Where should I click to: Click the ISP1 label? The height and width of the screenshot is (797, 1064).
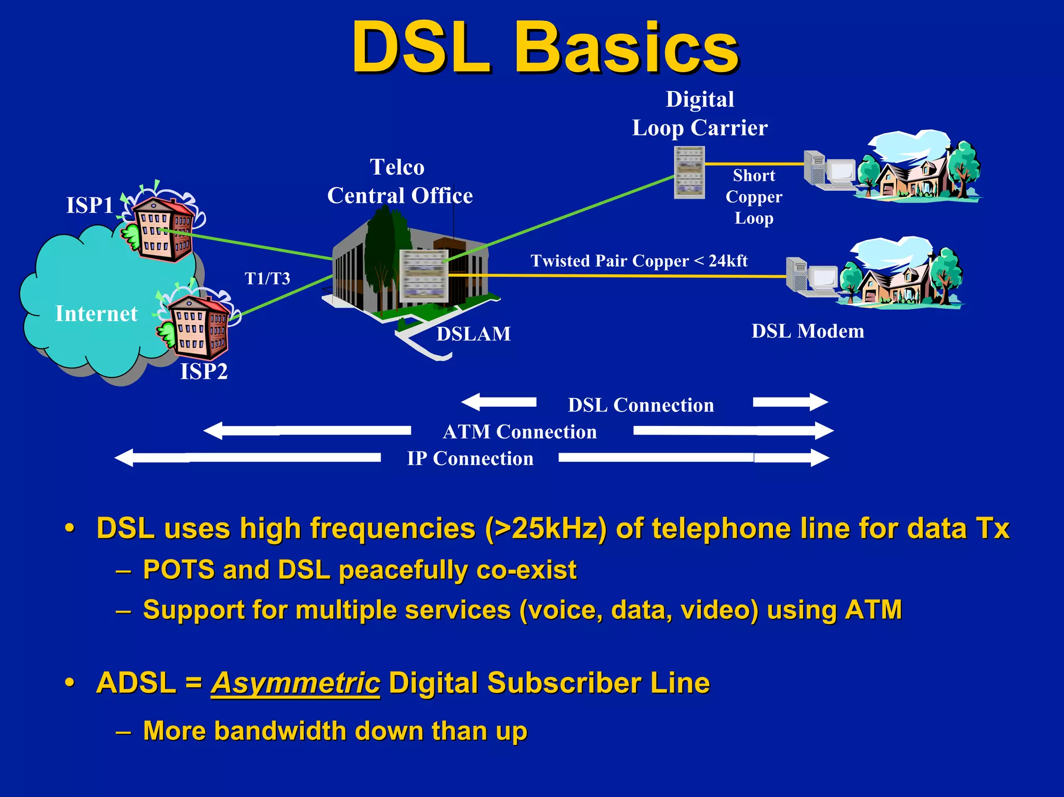click(89, 205)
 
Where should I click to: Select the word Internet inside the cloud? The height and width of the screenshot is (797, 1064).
click(96, 314)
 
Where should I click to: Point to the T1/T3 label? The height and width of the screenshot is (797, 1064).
click(267, 279)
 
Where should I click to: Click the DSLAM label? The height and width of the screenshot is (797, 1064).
click(473, 334)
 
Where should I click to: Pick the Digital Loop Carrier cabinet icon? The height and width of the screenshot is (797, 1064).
click(689, 172)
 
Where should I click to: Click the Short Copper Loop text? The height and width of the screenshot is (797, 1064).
click(754, 197)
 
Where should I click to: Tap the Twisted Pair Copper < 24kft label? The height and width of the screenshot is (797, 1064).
click(639, 261)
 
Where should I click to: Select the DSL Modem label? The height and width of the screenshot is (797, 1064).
click(808, 331)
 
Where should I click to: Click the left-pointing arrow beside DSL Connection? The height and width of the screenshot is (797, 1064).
click(499, 402)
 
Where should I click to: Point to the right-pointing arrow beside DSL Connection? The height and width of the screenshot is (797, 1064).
click(790, 402)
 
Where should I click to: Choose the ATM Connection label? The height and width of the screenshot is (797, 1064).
click(520, 432)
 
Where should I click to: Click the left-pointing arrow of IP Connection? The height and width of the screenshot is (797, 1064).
click(247, 458)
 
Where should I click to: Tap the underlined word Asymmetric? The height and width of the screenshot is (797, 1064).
click(295, 683)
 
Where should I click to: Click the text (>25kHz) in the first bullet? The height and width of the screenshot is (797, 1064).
click(546, 529)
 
